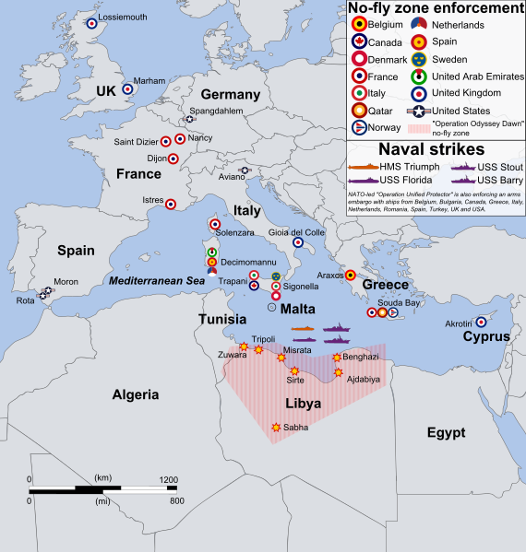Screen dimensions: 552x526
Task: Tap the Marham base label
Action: coord(149,80)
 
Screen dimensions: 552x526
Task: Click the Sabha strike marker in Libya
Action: coord(276,427)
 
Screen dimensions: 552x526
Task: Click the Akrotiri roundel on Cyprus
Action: coord(481,322)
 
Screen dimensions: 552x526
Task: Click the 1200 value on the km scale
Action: coord(169,480)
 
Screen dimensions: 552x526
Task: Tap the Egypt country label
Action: coord(445,432)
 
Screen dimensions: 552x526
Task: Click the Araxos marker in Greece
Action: coord(350,275)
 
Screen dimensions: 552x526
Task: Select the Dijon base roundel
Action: coord(173,159)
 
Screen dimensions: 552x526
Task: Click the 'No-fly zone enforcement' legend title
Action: coord(431,9)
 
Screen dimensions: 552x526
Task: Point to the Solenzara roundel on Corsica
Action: coord(215,224)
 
